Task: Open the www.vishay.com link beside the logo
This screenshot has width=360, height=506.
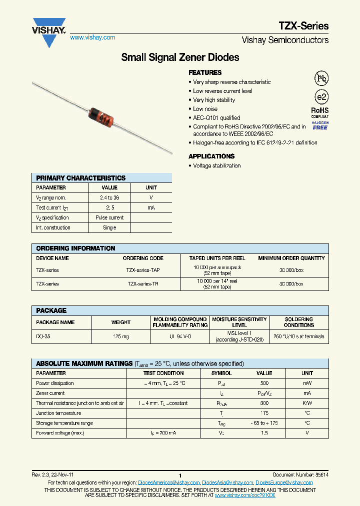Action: click(92, 37)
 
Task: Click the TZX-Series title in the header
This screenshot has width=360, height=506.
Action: click(303, 26)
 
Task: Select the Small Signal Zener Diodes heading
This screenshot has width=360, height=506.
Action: click(180, 57)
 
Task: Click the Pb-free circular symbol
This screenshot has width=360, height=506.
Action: click(321, 78)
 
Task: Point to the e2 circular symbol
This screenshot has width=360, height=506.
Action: click(321, 97)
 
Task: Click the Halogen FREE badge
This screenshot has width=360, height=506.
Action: click(320, 125)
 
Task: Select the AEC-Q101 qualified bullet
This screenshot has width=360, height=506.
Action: click(216, 118)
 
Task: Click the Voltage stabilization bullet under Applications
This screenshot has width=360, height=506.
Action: click(216, 165)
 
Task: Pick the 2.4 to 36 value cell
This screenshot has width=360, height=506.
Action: click(109, 198)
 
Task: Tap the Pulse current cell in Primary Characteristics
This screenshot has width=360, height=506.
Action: click(109, 217)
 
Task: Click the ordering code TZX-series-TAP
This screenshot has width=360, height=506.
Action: click(143, 270)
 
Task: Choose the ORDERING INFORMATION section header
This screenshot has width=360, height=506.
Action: click(76, 248)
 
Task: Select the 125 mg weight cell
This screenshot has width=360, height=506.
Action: click(121, 336)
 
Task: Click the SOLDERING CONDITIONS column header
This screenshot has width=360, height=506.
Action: click(298, 322)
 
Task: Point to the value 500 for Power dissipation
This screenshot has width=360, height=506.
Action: click(264, 383)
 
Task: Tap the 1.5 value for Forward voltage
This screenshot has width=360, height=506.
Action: click(264, 433)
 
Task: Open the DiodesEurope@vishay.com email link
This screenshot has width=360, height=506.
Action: click(284, 482)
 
